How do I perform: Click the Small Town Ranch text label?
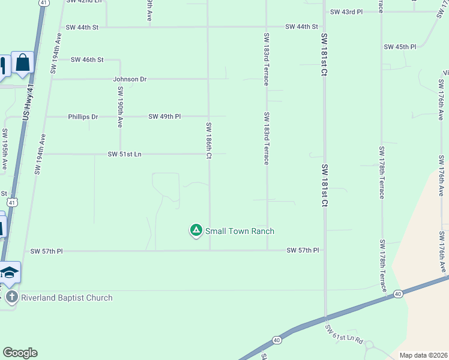click(240, 231)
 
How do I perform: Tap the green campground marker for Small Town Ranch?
click(196, 230)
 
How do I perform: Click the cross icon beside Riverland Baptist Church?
click(11, 297)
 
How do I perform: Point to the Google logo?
click(20, 353)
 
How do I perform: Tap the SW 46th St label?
click(87, 60)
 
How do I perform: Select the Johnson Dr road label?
click(130, 79)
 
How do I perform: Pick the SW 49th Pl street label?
click(164, 116)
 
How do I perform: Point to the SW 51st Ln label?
click(124, 154)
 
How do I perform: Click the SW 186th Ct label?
click(208, 141)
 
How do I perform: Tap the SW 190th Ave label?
click(120, 107)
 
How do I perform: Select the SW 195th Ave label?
click(5, 149)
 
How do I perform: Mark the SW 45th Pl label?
click(400, 47)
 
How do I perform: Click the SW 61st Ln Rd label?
click(344, 336)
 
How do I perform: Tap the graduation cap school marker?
click(10, 272)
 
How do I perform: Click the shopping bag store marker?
click(23, 62)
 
